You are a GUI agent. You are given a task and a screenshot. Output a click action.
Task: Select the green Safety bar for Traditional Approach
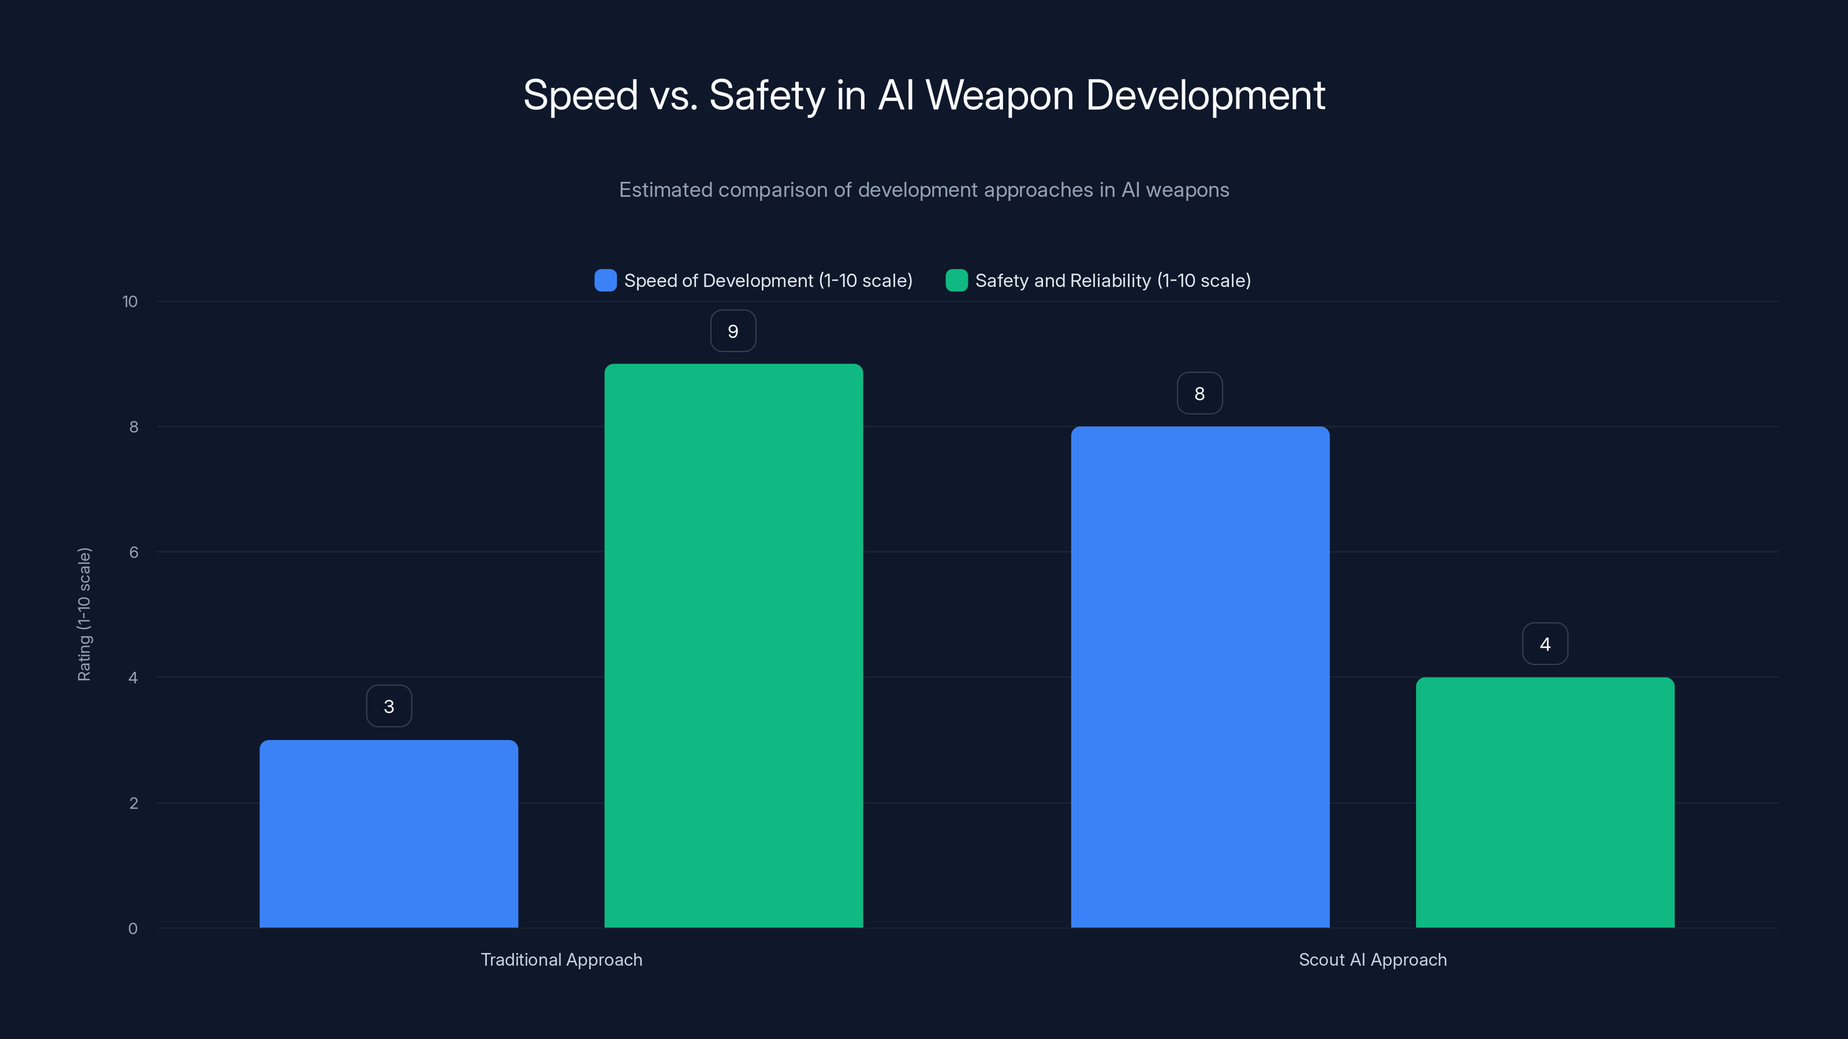(x=733, y=645)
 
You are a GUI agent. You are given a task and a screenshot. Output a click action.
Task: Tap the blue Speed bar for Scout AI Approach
(x=1199, y=677)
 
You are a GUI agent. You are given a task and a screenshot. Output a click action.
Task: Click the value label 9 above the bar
(x=732, y=331)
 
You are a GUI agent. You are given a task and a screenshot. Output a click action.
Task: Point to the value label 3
(x=389, y=707)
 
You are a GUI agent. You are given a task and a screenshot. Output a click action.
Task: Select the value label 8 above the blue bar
(x=1199, y=394)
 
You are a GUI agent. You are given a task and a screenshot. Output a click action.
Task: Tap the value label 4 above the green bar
(x=1545, y=644)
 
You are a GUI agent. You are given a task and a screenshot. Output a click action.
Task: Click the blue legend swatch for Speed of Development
(x=605, y=281)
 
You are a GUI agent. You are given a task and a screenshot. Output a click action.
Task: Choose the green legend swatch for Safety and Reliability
(x=956, y=281)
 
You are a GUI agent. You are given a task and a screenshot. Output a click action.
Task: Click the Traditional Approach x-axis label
(x=561, y=959)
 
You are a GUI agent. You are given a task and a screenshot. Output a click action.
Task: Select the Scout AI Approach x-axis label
(x=1372, y=959)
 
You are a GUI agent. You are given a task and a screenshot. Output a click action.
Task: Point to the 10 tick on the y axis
(x=130, y=301)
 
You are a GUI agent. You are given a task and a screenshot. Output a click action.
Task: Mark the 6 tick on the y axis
(x=133, y=552)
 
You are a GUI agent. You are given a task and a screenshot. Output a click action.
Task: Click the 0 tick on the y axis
(x=133, y=929)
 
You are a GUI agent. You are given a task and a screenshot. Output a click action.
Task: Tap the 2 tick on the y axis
(x=133, y=803)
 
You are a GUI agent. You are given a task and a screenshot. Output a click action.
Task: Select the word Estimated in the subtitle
(x=665, y=190)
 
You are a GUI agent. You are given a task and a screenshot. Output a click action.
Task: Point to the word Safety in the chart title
(x=767, y=95)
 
